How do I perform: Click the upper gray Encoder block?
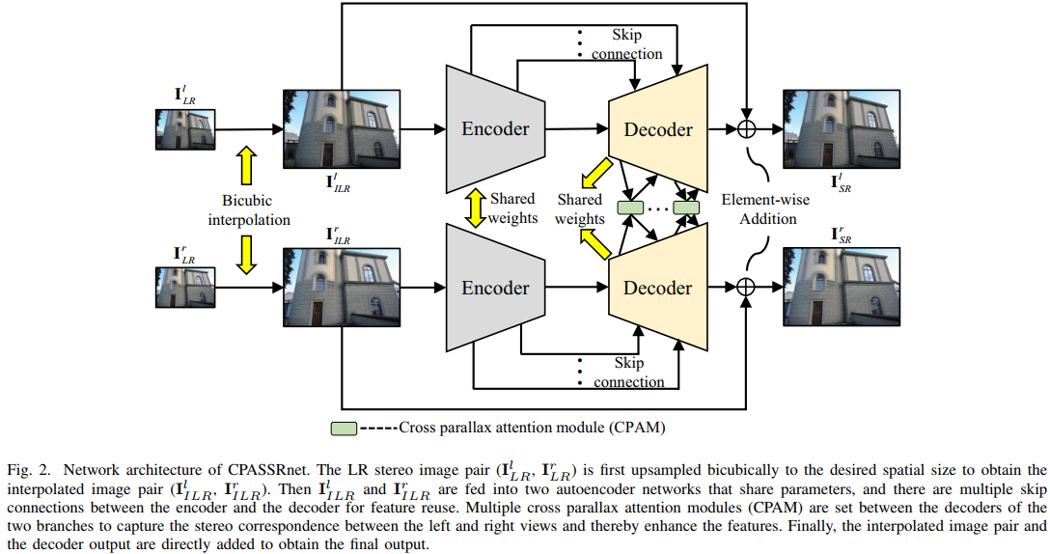pos(494,129)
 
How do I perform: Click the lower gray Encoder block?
pos(494,288)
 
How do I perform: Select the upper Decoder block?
pos(657,129)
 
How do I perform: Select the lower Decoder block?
pos(657,288)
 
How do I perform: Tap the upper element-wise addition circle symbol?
pos(745,129)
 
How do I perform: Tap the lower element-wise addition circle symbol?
pos(745,287)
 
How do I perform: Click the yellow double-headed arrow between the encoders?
pos(474,208)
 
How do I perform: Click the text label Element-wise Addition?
pos(766,208)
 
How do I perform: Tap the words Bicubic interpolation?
pos(249,209)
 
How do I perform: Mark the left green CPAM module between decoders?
pos(629,208)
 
